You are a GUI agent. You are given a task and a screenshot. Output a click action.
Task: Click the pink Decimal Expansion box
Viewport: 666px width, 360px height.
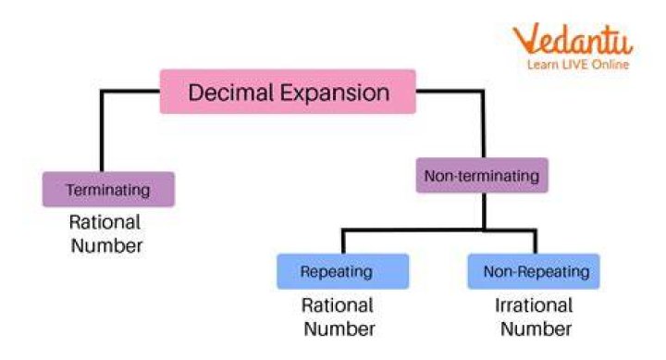point(288,92)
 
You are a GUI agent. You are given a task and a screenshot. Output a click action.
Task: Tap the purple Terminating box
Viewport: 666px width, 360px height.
point(108,189)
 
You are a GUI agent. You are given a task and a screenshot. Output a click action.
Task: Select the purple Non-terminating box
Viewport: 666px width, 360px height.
point(482,175)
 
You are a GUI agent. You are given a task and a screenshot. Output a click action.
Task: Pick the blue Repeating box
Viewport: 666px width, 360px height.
point(343,271)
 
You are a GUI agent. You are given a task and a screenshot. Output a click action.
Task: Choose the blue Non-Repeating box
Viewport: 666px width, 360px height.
point(534,271)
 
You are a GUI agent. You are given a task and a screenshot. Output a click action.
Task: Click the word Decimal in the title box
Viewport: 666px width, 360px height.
point(230,93)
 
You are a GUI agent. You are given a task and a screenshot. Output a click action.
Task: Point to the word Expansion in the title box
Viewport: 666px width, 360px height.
point(335,93)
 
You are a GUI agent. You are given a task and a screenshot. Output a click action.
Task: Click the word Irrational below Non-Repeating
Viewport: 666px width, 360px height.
point(534,305)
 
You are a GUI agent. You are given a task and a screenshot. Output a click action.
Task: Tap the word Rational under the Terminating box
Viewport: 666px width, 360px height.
point(105,222)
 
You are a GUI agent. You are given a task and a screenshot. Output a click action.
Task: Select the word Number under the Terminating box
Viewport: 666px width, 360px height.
point(106,246)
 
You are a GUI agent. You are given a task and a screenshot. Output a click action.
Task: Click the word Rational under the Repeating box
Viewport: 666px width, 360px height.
point(338,305)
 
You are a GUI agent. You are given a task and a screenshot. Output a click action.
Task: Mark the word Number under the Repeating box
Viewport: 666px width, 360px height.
point(339,329)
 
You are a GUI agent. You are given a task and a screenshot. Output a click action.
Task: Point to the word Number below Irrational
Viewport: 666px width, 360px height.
point(536,329)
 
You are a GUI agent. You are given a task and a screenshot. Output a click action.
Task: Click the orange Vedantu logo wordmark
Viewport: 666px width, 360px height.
point(573,39)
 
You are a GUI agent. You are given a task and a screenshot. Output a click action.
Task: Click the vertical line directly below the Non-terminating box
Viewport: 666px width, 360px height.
point(484,211)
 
